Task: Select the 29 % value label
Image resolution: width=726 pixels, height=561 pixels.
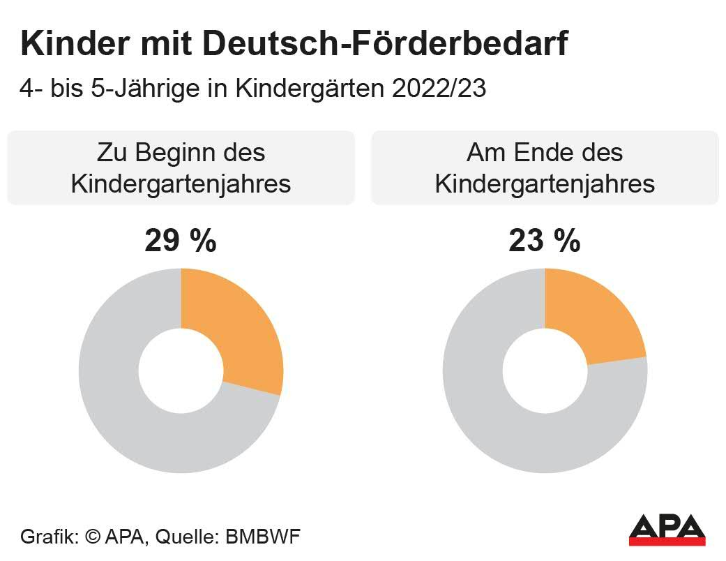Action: click(x=181, y=241)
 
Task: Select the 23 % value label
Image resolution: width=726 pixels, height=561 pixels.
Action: click(x=545, y=241)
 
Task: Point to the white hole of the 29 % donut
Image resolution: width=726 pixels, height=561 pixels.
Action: click(x=181, y=371)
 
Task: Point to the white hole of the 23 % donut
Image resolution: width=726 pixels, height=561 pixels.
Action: click(x=545, y=371)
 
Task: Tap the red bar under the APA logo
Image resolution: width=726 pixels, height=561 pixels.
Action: click(x=667, y=541)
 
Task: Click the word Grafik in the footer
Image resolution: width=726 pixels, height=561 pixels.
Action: click(x=49, y=537)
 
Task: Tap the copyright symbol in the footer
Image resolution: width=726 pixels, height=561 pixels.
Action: click(x=93, y=537)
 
